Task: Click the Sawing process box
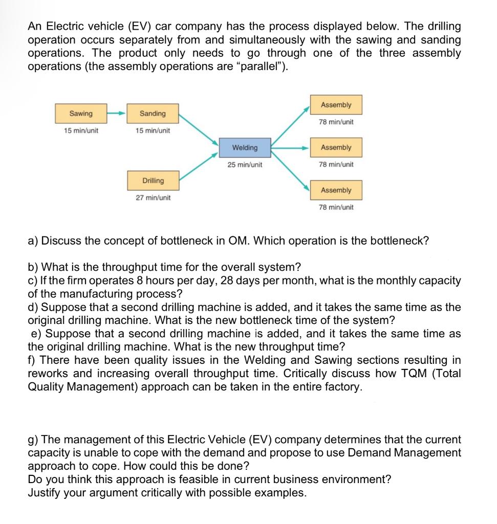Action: click(81, 114)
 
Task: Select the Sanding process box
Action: click(153, 114)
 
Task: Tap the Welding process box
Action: click(245, 147)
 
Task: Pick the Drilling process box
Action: click(153, 181)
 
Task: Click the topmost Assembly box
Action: click(336, 105)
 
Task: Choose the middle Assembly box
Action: click(336, 147)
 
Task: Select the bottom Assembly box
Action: click(336, 190)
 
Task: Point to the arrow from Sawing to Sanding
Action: click(116, 113)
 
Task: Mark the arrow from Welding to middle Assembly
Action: click(290, 147)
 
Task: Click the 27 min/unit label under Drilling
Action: click(153, 198)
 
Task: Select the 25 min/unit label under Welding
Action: click(245, 165)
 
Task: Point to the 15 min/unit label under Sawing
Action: click(81, 130)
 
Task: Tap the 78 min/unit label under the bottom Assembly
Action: click(336, 207)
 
